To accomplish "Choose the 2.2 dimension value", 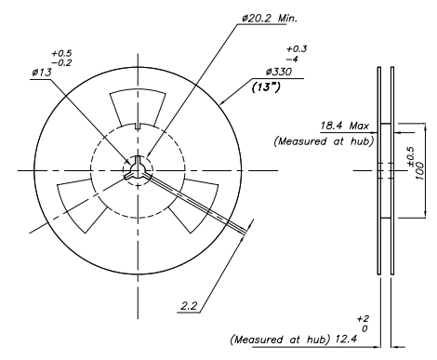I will tap(190, 304).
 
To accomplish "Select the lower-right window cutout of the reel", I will tap(189, 203).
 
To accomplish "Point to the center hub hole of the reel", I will tap(136, 168).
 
